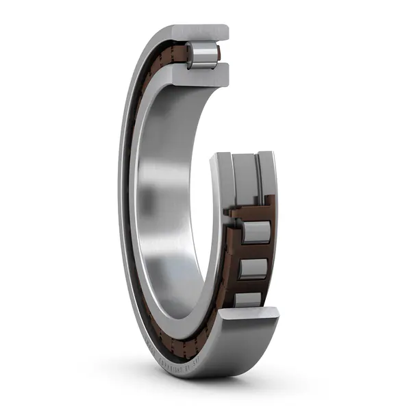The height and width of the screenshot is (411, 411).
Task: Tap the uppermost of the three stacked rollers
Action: [x=256, y=232]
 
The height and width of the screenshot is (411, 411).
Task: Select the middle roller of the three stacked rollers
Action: [x=253, y=268]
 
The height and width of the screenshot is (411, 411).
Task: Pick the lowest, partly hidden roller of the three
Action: [x=248, y=299]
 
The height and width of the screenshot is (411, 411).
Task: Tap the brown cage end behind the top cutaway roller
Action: [x=218, y=53]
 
